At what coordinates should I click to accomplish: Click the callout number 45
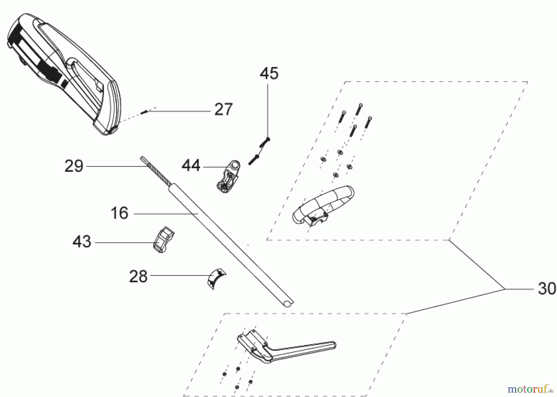pos(269,74)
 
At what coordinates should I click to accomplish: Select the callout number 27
pos(223,110)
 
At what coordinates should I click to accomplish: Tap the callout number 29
pos(74,166)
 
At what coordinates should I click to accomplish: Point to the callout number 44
pos(191,166)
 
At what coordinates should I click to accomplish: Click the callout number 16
pos(119,213)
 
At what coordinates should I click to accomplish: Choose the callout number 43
pos(82,242)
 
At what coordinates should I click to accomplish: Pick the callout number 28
pos(138,276)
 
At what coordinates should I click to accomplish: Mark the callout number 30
pos(547,289)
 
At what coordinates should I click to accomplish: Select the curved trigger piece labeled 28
pos(217,278)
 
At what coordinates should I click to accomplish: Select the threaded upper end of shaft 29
pos(155,172)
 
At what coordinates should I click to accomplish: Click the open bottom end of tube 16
pos(288,303)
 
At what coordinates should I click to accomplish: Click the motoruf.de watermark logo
pos(532,388)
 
